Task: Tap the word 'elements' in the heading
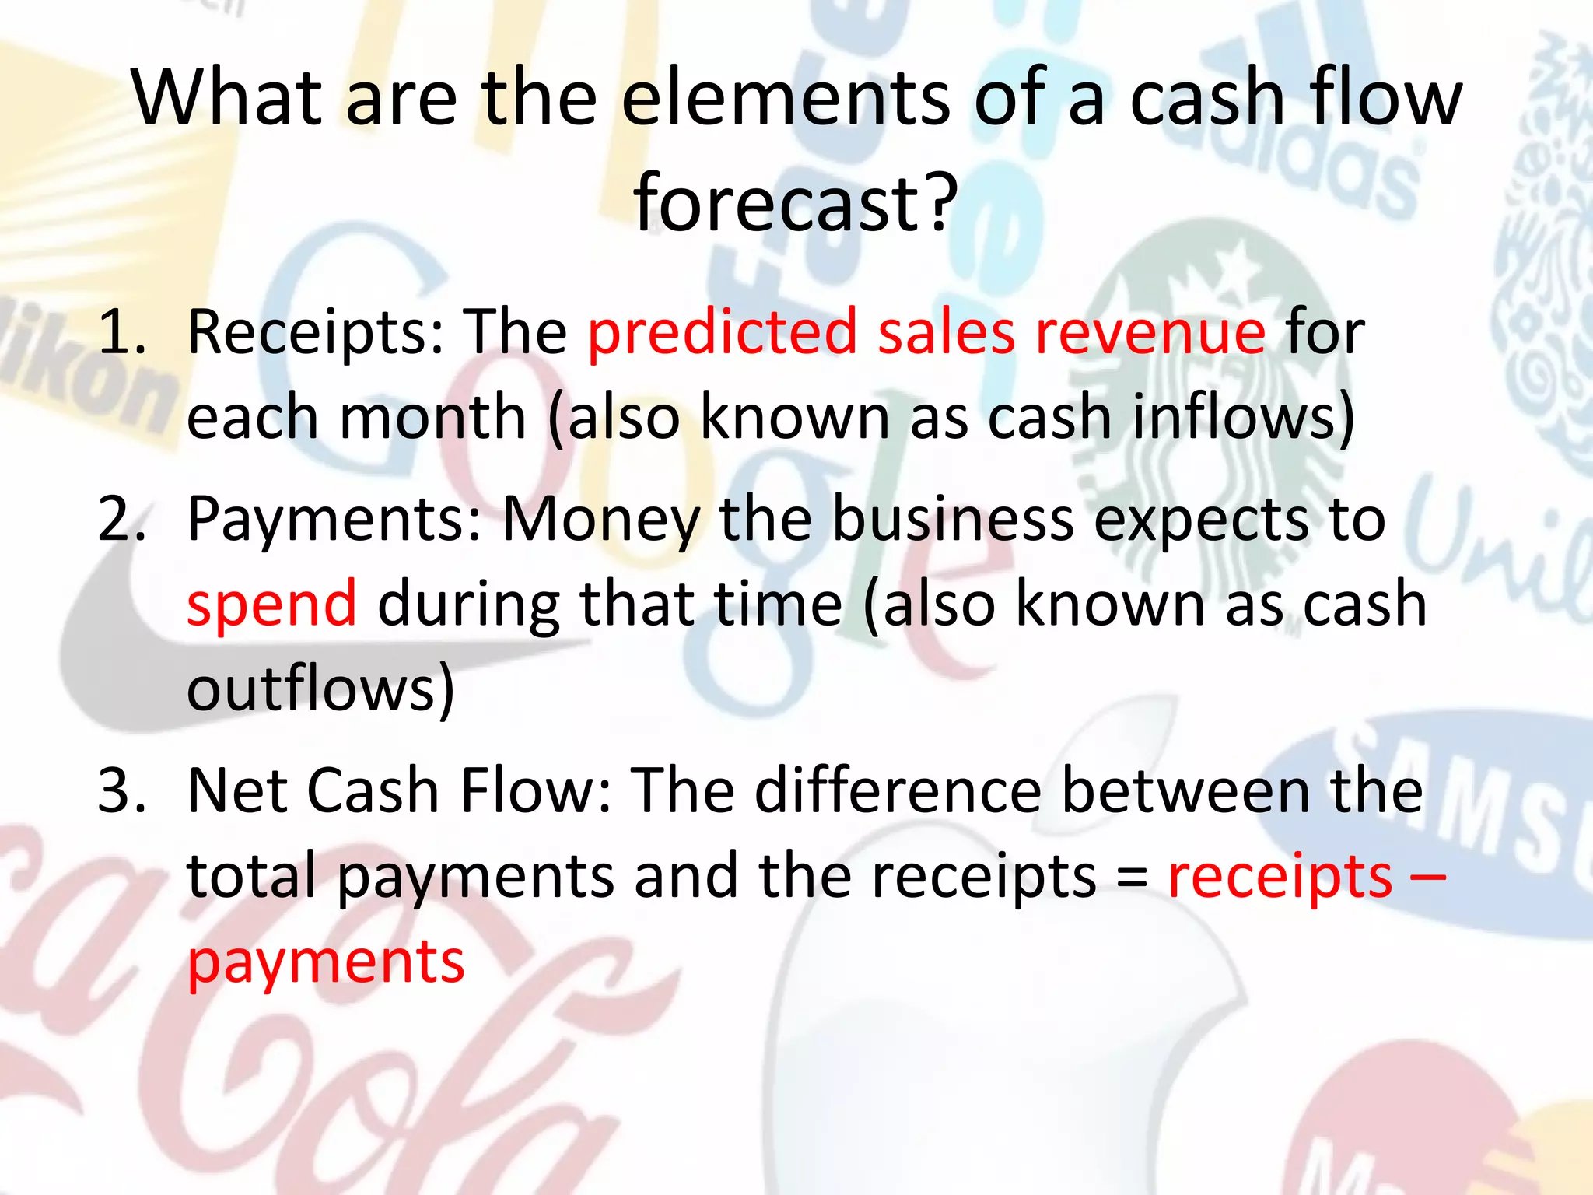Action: click(x=785, y=98)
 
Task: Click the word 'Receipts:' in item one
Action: click(x=316, y=333)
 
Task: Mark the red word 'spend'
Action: click(x=271, y=605)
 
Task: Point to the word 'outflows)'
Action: click(x=320, y=689)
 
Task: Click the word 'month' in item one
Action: click(x=433, y=418)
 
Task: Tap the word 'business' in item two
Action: click(x=953, y=520)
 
